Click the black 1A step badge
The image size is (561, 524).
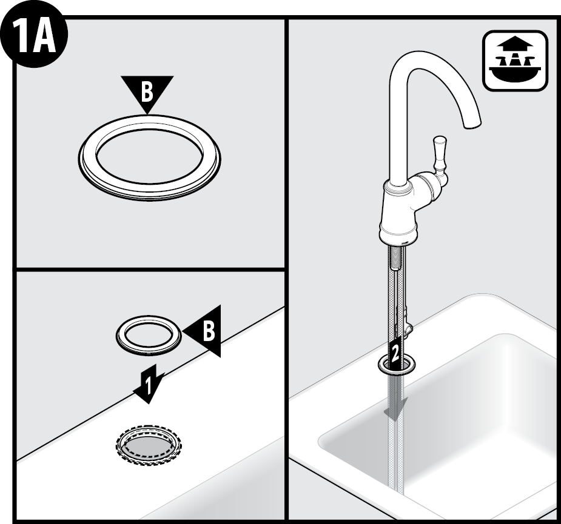click(34, 36)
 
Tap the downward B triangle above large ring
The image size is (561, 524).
click(147, 91)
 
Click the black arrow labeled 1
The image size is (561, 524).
click(149, 384)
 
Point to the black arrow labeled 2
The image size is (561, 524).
click(395, 352)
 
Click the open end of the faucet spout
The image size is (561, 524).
click(472, 124)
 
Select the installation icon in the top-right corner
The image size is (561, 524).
click(515, 60)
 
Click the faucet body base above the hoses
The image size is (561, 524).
click(398, 231)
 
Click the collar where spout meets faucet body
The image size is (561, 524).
click(397, 185)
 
